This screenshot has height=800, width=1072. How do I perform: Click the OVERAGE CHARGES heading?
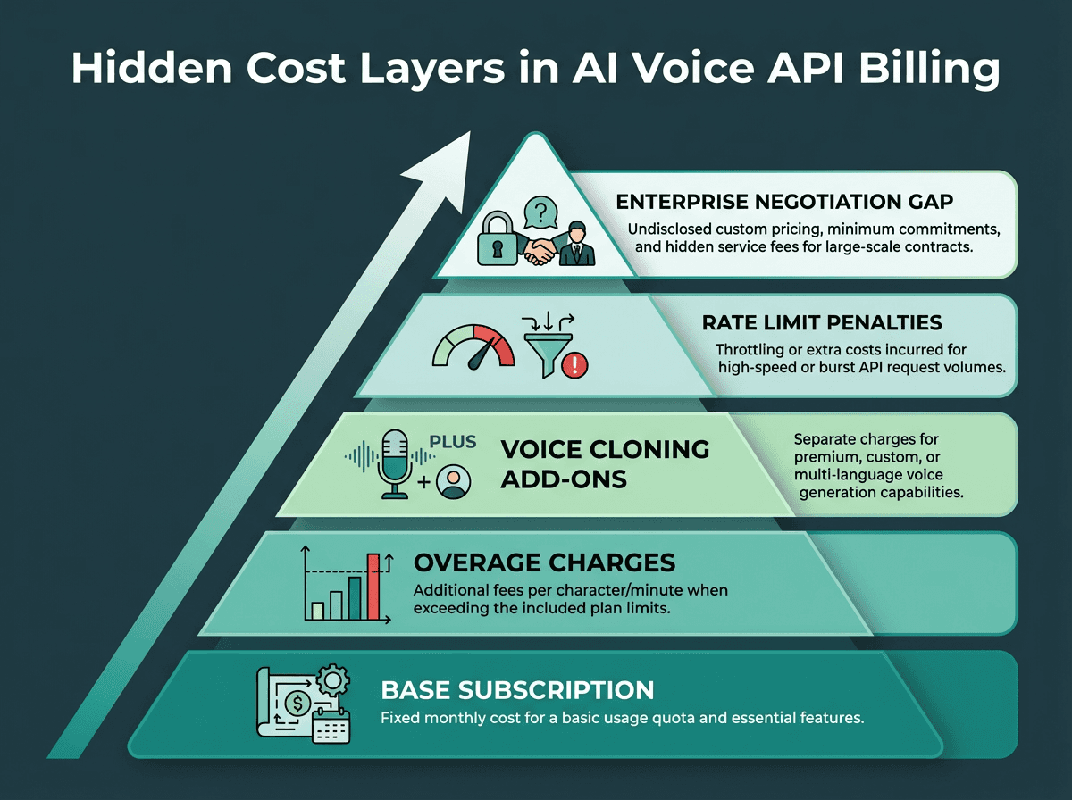click(x=544, y=562)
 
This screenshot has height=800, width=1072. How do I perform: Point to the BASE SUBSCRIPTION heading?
click(x=517, y=690)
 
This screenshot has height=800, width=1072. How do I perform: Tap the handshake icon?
click(x=540, y=249)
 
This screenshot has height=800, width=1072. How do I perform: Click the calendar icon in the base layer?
click(x=332, y=727)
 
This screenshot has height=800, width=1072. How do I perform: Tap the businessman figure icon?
click(x=578, y=243)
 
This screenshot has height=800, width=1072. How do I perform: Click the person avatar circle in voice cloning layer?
click(x=454, y=482)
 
